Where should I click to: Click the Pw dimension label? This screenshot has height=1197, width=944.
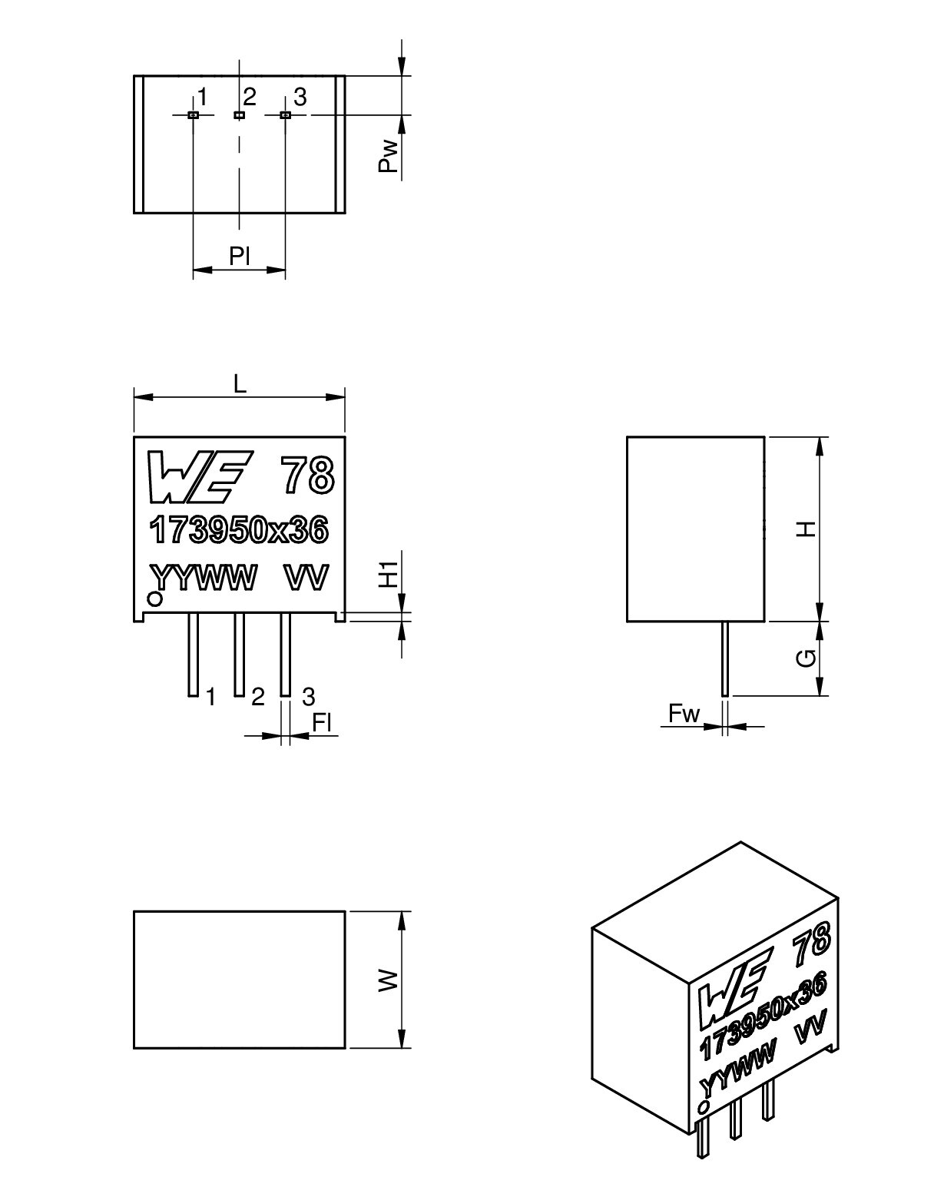(x=389, y=156)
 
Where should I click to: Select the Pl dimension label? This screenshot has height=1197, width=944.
(x=240, y=257)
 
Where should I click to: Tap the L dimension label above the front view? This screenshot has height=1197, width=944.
(x=240, y=384)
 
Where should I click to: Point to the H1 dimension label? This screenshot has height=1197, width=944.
(x=389, y=574)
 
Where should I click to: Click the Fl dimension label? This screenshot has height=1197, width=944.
(x=322, y=723)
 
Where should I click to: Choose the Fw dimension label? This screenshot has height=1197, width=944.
(x=684, y=714)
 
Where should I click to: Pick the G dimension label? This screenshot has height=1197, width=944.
(x=806, y=658)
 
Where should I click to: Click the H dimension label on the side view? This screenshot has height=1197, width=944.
(x=806, y=529)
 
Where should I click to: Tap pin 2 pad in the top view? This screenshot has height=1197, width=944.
(x=239, y=115)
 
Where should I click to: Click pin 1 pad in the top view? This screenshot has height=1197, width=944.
(x=193, y=115)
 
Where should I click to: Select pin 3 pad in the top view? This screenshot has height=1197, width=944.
(x=286, y=115)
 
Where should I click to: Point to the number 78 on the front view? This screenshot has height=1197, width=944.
(x=307, y=475)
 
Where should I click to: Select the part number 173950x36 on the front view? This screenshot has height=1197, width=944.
(x=239, y=530)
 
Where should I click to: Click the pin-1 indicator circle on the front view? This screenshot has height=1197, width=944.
(x=155, y=599)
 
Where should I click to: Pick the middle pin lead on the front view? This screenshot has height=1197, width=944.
(x=239, y=654)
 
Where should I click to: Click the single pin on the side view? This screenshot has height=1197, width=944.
(x=725, y=658)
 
